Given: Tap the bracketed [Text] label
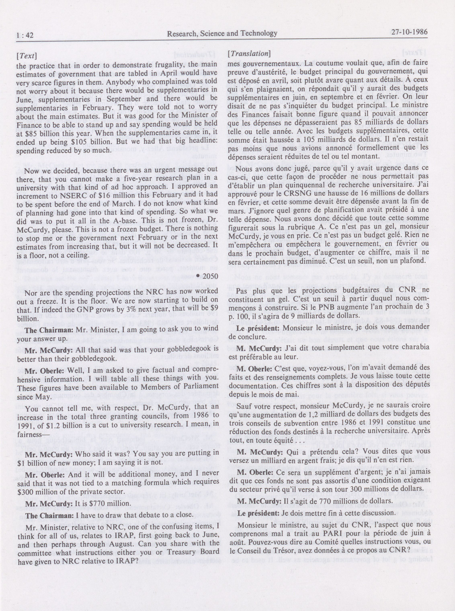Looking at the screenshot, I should tap(27, 56).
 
